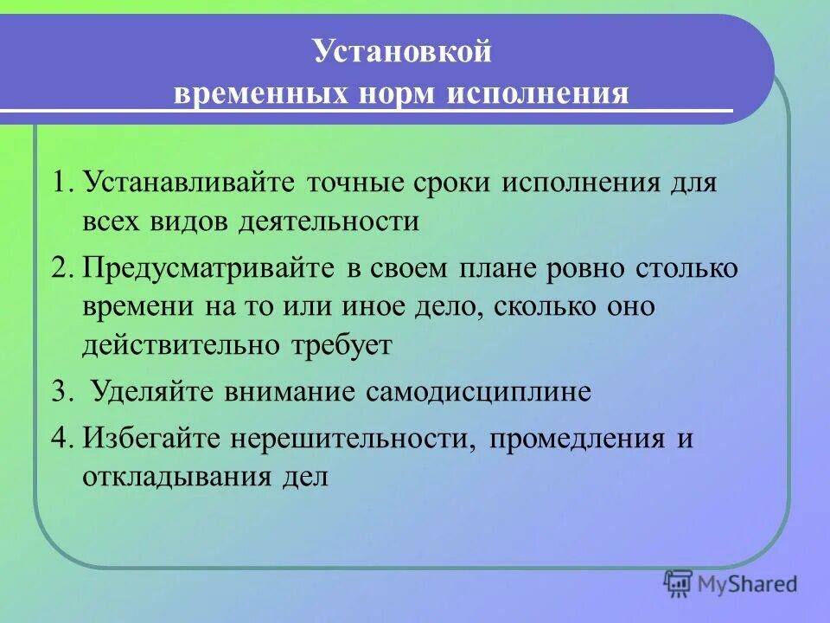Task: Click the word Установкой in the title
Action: coord(402,52)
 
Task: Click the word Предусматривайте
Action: coord(208,268)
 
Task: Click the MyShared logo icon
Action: coord(679,582)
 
